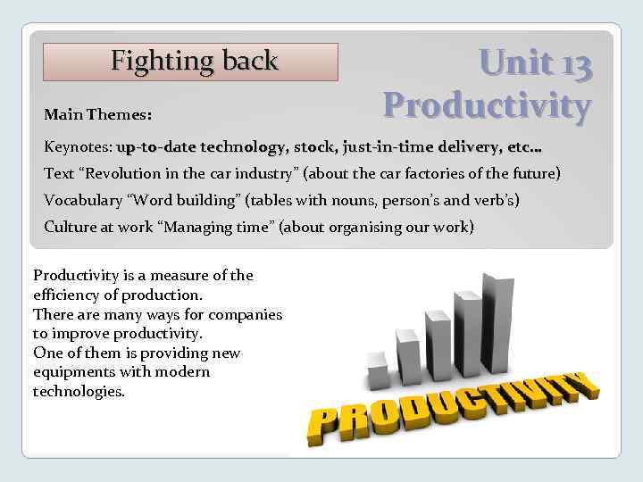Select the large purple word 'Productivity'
487,104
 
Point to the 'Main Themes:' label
97,115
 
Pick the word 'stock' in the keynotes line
313,145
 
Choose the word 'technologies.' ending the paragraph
79,391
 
